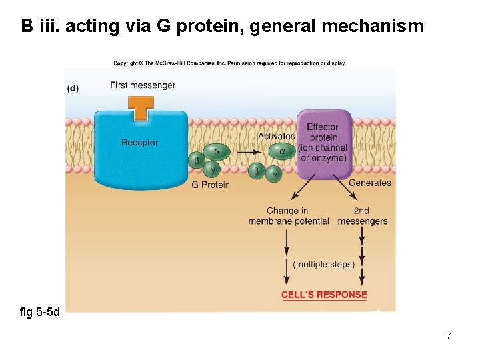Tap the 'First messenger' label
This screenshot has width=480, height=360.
click(143, 85)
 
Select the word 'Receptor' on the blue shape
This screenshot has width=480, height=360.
click(140, 143)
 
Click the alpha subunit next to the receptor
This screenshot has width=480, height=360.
click(216, 151)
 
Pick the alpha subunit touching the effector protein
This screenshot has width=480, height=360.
click(282, 151)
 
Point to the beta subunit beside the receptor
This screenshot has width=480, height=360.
click(197, 161)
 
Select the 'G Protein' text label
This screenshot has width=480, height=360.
click(210, 185)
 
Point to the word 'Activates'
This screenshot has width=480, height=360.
click(276, 137)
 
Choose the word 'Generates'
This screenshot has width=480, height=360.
click(370, 183)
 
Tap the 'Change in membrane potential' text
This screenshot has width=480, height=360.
click(289, 216)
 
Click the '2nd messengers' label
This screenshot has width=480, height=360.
click(362, 216)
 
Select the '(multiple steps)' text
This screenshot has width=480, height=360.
click(323, 265)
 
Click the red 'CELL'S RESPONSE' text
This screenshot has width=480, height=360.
click(324, 295)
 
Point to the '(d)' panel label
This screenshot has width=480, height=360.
click(73, 89)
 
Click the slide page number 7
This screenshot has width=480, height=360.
click(448, 336)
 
